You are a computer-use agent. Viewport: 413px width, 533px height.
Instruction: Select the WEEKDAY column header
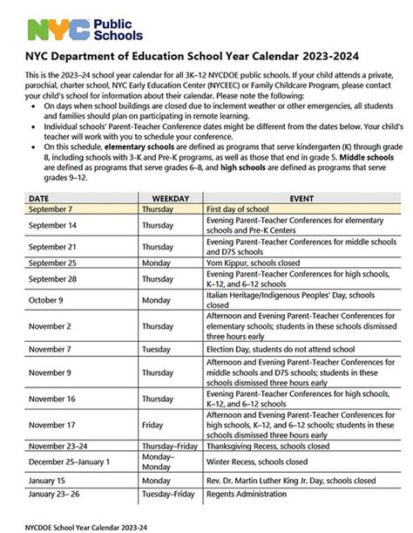pos(170,199)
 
